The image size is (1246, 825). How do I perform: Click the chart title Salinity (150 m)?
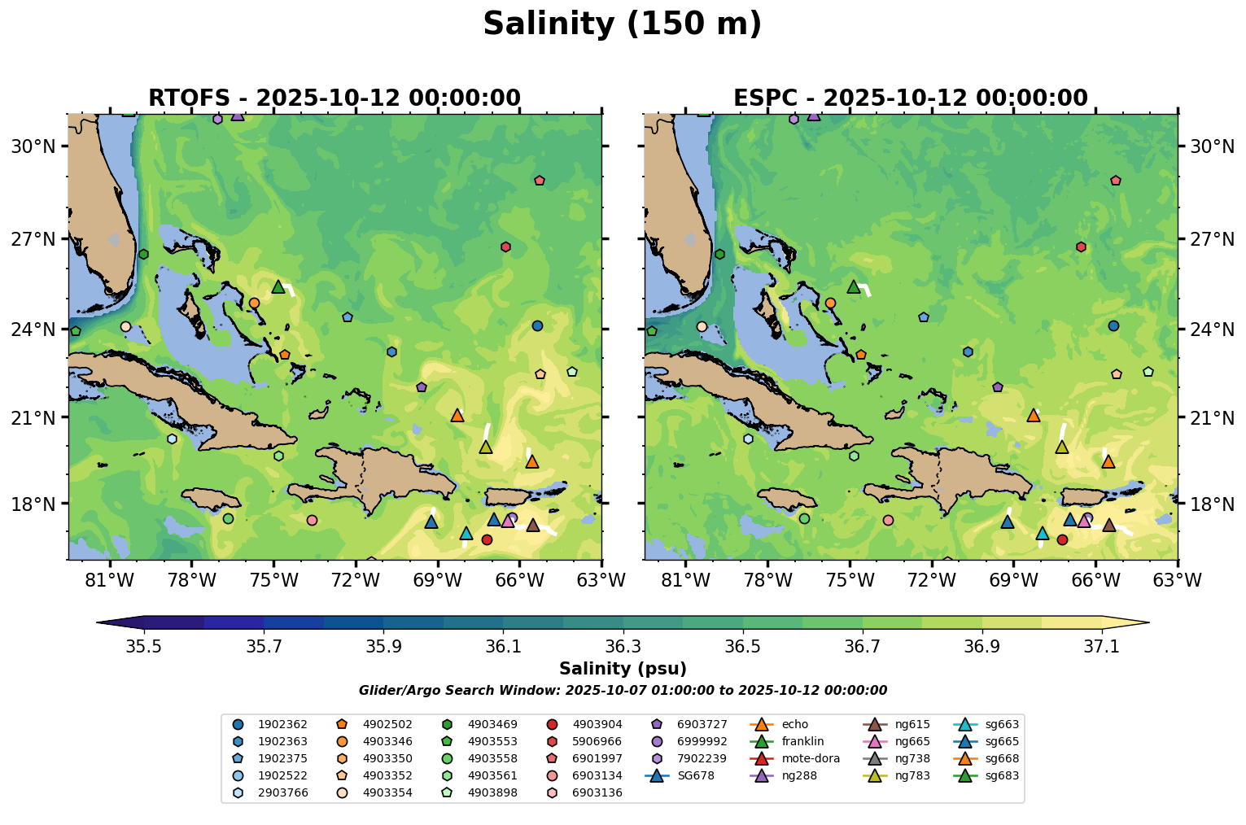pos(622,24)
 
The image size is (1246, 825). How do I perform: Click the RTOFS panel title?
pos(334,98)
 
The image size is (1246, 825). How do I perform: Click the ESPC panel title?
pos(910,98)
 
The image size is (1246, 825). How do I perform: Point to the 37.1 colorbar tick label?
pos(1102,646)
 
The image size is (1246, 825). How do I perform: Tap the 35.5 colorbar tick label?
pos(144,646)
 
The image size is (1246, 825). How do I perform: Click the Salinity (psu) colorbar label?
pos(623,669)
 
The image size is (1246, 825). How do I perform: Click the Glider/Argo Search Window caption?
pos(623,691)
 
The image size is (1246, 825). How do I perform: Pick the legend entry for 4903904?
pos(597,724)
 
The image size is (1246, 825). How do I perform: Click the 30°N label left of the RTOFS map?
pos(33,146)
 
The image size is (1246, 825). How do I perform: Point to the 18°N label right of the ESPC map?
pos(1212,504)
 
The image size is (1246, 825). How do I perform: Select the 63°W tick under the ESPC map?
pos(1178,580)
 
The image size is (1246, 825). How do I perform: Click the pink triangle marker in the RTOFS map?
pos(508,521)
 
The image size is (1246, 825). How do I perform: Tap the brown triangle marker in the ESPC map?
pos(1108,525)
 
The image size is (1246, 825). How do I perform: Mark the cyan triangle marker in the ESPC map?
pos(1043,534)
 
